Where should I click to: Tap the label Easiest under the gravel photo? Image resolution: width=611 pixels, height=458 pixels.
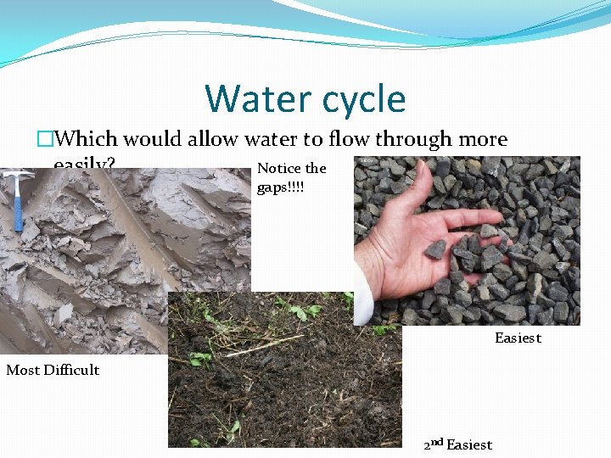518,338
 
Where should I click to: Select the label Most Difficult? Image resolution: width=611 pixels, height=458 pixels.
53,370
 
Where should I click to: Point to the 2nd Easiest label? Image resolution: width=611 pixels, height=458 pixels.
457,444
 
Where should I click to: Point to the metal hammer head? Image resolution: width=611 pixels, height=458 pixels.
17,175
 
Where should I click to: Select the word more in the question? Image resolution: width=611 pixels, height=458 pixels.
485,139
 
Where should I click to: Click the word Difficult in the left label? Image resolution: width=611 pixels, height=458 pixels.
71,370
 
